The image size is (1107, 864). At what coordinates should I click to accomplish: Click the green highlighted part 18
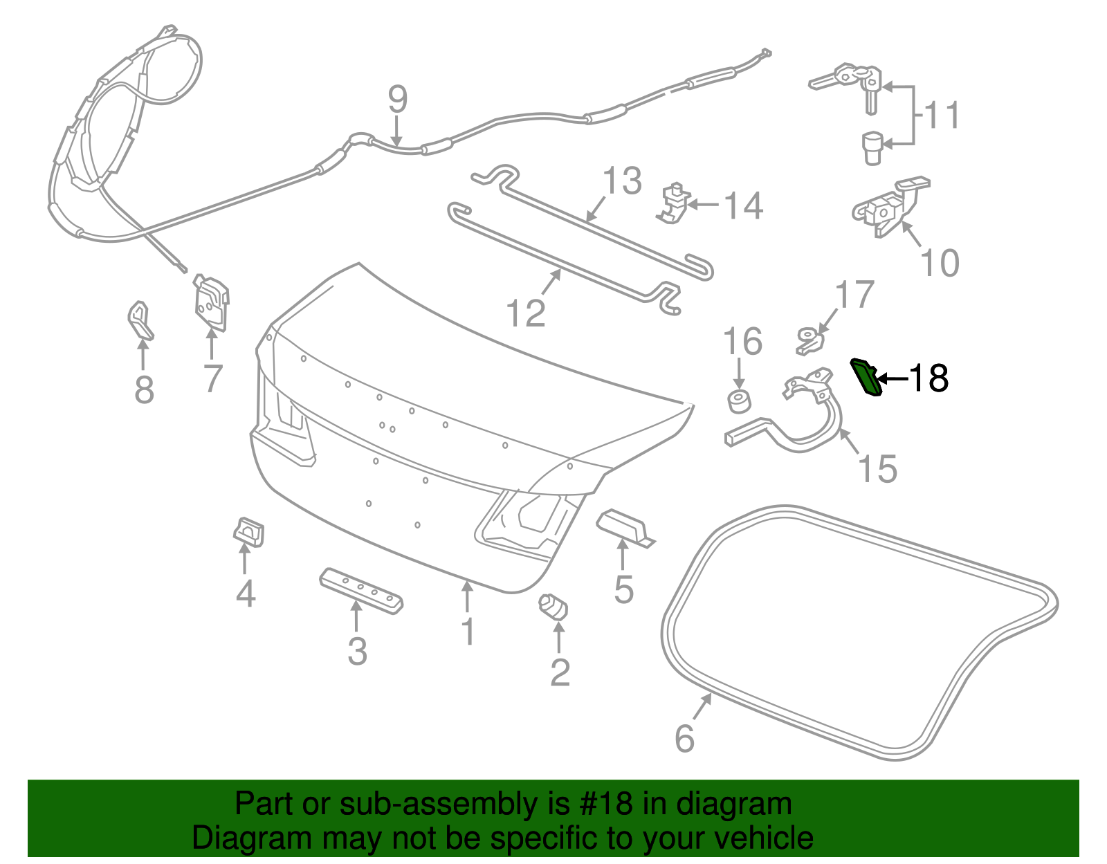866,378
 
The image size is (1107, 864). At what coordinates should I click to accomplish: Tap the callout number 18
928,378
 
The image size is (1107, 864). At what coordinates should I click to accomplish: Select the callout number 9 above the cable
397,100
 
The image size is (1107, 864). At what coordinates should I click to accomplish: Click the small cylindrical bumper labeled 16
739,401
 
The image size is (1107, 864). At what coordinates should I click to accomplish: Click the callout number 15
877,468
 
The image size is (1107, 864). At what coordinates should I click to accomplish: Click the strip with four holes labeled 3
361,590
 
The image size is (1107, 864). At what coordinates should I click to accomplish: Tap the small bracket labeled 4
248,531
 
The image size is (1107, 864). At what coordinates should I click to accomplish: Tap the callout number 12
526,313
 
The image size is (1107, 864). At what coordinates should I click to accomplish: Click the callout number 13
622,181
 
